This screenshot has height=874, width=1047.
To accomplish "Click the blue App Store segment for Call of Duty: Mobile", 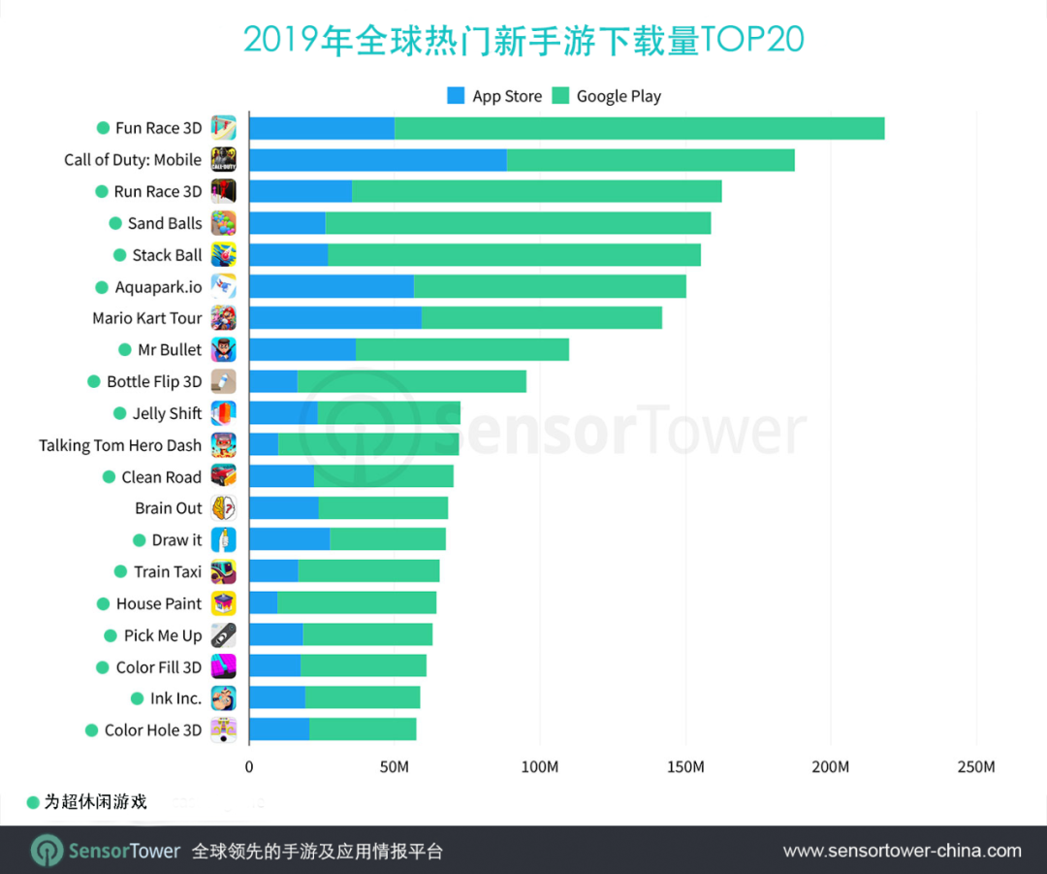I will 377,160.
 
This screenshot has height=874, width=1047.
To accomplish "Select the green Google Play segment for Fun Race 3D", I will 639,128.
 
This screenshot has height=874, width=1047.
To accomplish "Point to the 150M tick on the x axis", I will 685,767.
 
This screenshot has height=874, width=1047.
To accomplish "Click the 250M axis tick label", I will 975,767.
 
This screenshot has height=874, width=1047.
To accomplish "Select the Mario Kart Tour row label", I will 147,318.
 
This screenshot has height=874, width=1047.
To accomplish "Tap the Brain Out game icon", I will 224,508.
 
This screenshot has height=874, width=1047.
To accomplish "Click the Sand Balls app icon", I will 224,223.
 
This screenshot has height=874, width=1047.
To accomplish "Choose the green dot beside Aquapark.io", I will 102,287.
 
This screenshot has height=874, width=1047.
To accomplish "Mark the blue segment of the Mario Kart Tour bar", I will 334,318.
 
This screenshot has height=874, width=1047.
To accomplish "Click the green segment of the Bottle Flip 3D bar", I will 411,381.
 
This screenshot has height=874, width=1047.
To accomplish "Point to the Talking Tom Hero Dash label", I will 120,445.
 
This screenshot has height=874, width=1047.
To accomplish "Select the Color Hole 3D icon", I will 224,730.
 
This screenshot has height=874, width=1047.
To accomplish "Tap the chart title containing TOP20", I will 523,40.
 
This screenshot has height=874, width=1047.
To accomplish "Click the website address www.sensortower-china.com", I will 902,851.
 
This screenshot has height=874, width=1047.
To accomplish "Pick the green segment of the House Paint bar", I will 356,603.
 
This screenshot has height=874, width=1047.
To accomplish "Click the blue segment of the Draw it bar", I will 289,540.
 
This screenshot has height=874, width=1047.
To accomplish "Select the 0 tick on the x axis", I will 249,767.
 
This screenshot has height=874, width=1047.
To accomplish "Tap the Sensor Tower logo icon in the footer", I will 47,851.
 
